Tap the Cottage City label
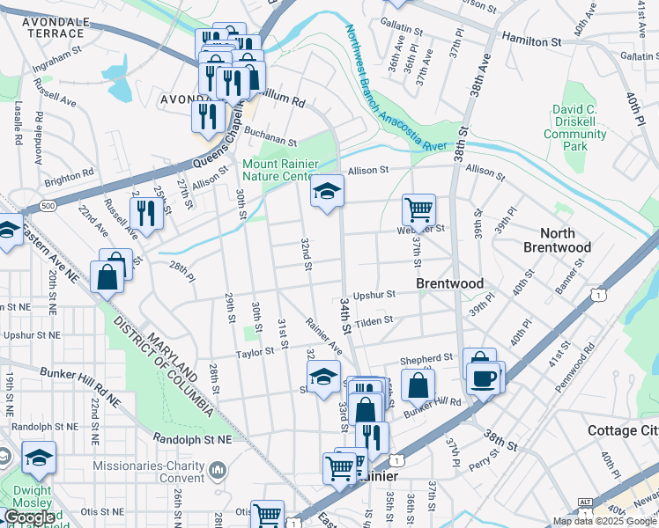click(x=623, y=430)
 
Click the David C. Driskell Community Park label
click(x=574, y=128)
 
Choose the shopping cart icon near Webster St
click(x=418, y=209)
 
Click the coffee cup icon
click(x=484, y=378)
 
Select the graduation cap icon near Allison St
click(x=326, y=191)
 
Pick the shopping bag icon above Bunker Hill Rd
click(x=418, y=385)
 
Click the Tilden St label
click(x=374, y=322)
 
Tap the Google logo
click(x=28, y=517)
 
